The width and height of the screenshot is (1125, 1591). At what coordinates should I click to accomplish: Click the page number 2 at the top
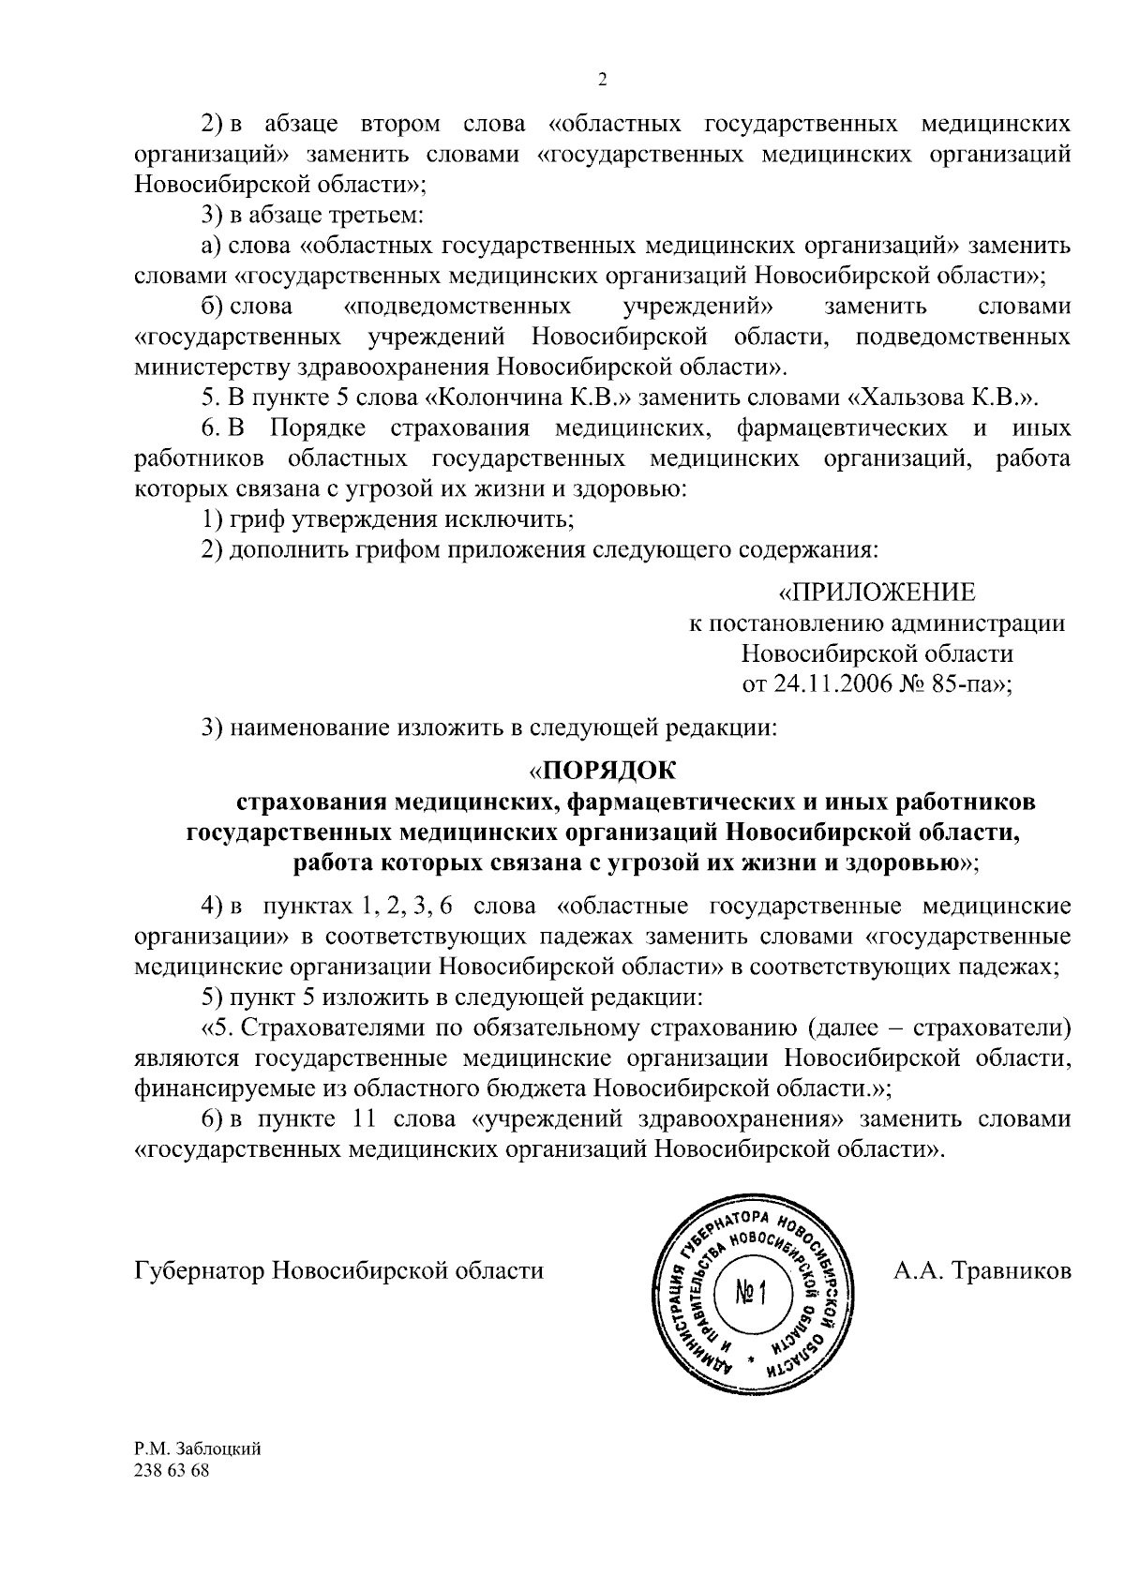point(602,80)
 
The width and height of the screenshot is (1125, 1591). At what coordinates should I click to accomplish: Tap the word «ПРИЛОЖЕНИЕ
point(877,593)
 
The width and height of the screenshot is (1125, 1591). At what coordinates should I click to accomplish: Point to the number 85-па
point(967,684)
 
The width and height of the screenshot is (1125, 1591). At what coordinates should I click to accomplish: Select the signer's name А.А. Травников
point(982,1271)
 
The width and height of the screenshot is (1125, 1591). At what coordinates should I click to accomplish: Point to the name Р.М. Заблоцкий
point(198,1475)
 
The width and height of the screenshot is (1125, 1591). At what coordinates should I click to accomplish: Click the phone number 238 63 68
point(172,1496)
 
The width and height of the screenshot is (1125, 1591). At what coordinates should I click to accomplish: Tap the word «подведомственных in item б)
point(458,307)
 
